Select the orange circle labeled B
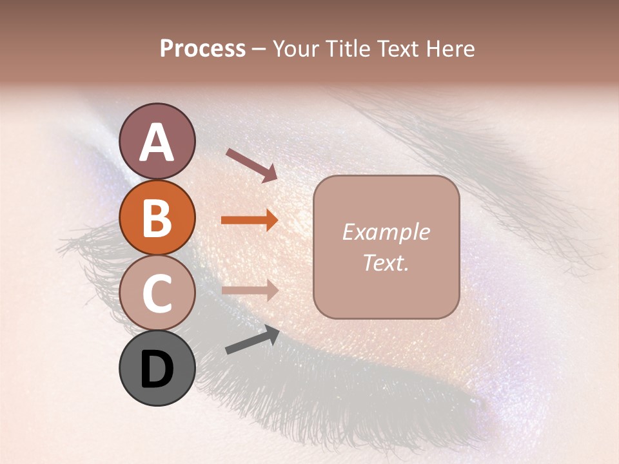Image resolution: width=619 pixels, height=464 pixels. tap(157, 218)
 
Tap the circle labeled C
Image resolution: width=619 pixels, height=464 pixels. tap(157, 293)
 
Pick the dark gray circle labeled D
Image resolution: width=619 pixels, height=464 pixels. tap(157, 368)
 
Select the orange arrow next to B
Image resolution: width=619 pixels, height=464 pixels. tap(250, 220)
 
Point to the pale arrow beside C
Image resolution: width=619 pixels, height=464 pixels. tap(250, 290)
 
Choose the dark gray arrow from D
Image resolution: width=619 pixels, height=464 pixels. tap(252, 340)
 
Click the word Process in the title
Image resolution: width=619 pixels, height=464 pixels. tap(202, 49)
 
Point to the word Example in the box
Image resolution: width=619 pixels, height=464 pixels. tap(386, 232)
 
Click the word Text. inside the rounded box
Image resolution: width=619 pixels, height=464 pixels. tap(386, 262)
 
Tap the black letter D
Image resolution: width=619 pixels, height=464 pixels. tap(157, 371)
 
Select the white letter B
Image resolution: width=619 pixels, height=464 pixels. tap(157, 218)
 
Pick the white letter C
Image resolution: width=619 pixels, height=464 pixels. tap(157, 294)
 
